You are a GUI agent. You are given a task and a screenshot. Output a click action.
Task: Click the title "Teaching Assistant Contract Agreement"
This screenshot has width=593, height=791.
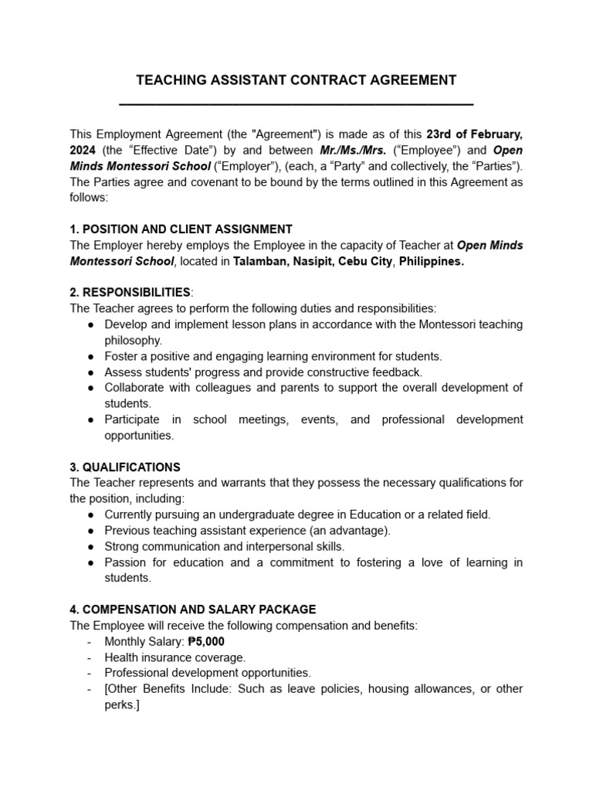click(x=296, y=80)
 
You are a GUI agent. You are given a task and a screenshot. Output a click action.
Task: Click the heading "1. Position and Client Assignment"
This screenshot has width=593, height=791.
click(x=181, y=229)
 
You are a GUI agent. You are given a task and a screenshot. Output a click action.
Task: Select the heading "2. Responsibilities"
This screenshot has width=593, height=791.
click(x=130, y=292)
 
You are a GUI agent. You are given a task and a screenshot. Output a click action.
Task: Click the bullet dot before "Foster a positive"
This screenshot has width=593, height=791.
click(x=91, y=357)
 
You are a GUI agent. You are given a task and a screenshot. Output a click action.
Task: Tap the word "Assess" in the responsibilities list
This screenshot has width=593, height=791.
click(x=124, y=372)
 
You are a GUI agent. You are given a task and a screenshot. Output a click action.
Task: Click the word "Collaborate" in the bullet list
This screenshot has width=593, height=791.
click(x=135, y=388)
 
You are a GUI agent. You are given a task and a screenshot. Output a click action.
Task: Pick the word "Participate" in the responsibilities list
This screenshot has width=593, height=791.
click(x=132, y=419)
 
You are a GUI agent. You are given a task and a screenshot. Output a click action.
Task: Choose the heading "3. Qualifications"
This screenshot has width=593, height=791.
click(x=125, y=467)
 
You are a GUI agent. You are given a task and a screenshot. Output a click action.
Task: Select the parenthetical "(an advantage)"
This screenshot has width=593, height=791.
click(x=350, y=530)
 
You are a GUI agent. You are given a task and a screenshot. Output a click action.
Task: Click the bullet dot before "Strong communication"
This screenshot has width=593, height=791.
click(x=91, y=546)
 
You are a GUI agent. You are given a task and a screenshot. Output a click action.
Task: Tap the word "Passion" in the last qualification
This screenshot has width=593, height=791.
click(x=125, y=562)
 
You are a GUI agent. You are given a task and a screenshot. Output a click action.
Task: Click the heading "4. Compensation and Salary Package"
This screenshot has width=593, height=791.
click(x=193, y=609)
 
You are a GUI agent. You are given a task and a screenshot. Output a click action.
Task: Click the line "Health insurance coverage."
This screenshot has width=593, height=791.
click(x=175, y=657)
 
